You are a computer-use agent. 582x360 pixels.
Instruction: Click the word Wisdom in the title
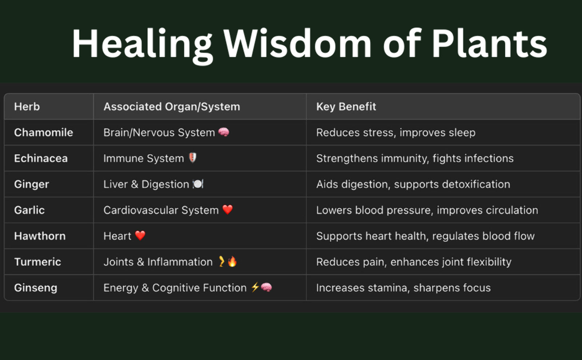tap(297, 43)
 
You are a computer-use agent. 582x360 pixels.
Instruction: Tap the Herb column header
tap(27, 107)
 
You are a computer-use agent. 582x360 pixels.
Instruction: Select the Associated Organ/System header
tap(172, 107)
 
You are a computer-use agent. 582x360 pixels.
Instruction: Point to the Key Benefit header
tap(346, 107)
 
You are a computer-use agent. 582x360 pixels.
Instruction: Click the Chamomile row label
tap(44, 132)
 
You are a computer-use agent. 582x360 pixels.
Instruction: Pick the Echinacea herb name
tap(41, 158)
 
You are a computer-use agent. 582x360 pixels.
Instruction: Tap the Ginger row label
tap(31, 185)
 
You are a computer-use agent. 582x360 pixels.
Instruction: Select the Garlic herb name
tap(29, 210)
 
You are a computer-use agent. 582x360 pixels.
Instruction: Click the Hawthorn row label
tap(40, 236)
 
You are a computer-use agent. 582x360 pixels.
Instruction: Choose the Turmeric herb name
tap(38, 262)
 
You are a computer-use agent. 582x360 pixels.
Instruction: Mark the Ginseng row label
tap(36, 288)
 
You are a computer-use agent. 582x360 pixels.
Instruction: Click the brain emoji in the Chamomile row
tap(224, 132)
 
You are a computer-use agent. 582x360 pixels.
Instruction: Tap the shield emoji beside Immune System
tap(192, 158)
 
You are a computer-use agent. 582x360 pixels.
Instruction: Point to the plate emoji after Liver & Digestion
tap(198, 184)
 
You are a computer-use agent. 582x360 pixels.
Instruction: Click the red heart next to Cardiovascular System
tap(228, 210)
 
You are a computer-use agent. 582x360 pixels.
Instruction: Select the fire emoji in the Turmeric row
tap(232, 261)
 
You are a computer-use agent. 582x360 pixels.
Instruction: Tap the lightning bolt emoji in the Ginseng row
tap(255, 287)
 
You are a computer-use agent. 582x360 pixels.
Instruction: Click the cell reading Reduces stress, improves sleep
tap(396, 132)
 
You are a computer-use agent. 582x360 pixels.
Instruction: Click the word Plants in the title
tap(490, 43)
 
